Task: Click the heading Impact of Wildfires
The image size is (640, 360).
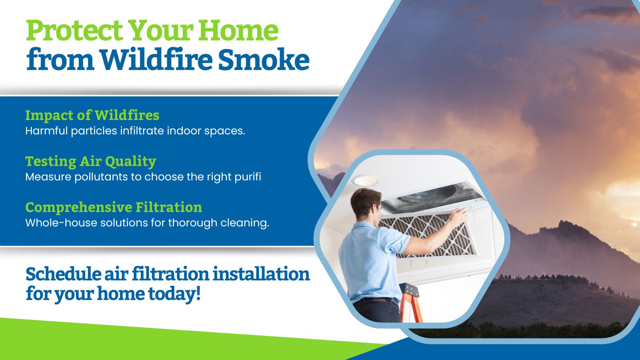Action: point(92,116)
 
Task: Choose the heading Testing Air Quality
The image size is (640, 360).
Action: point(91,162)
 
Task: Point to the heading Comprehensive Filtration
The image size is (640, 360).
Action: point(114,208)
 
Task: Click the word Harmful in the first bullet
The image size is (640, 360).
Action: point(46,131)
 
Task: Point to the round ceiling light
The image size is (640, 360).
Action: point(364,180)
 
